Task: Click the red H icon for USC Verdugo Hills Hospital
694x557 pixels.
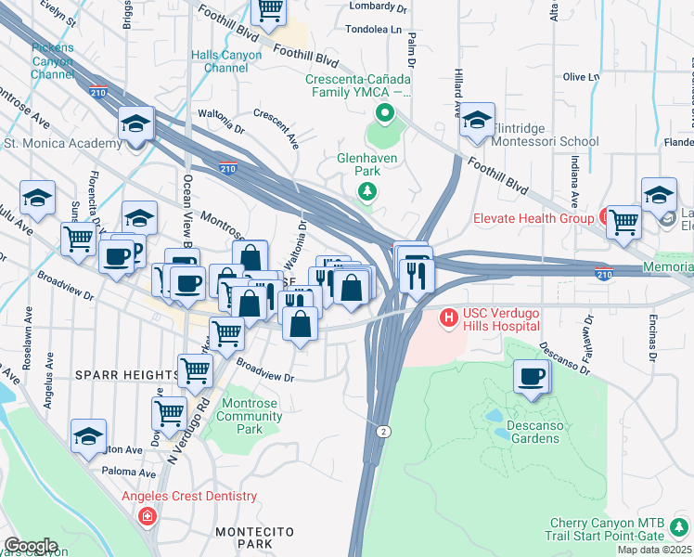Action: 449,318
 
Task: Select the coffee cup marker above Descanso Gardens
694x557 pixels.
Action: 532,377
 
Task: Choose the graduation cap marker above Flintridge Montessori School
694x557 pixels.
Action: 477,121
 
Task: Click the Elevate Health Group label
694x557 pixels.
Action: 533,219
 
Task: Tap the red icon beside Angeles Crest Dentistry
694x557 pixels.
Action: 148,515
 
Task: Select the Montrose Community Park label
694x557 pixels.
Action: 250,417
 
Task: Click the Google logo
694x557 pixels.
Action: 31,545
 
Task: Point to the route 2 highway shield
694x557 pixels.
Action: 382,431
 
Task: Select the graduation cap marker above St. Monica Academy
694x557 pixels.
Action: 135,124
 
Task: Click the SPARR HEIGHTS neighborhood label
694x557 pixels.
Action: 126,374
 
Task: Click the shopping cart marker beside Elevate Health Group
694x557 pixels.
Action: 623,222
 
